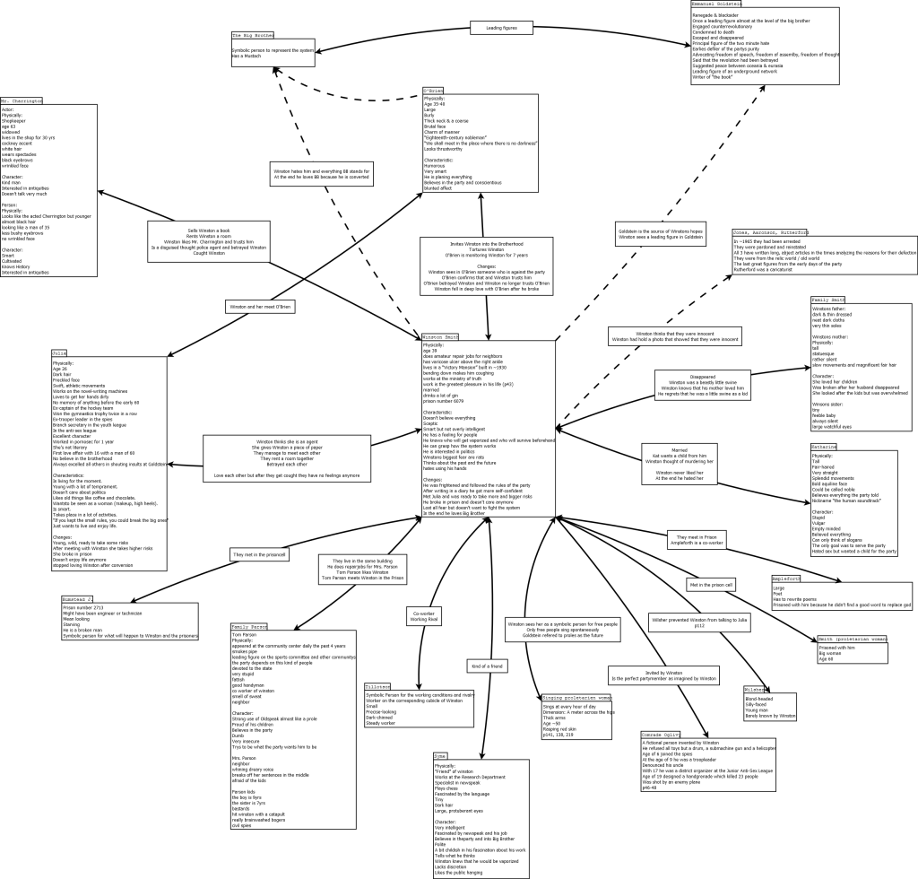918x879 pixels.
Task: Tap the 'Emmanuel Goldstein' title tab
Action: (716, 4)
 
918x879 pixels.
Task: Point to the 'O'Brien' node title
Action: (433, 91)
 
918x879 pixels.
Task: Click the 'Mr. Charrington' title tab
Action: (22, 100)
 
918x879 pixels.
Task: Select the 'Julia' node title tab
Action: (59, 353)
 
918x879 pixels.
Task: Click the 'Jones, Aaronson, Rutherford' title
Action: (770, 232)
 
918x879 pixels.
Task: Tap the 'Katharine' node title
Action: (824, 446)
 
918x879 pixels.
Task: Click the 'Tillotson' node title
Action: (378, 686)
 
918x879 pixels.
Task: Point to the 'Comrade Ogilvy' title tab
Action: (666, 734)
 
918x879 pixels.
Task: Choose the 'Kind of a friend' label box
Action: (486, 666)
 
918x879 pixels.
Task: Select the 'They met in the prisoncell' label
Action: (259, 554)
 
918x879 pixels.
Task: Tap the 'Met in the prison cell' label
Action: (711, 585)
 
